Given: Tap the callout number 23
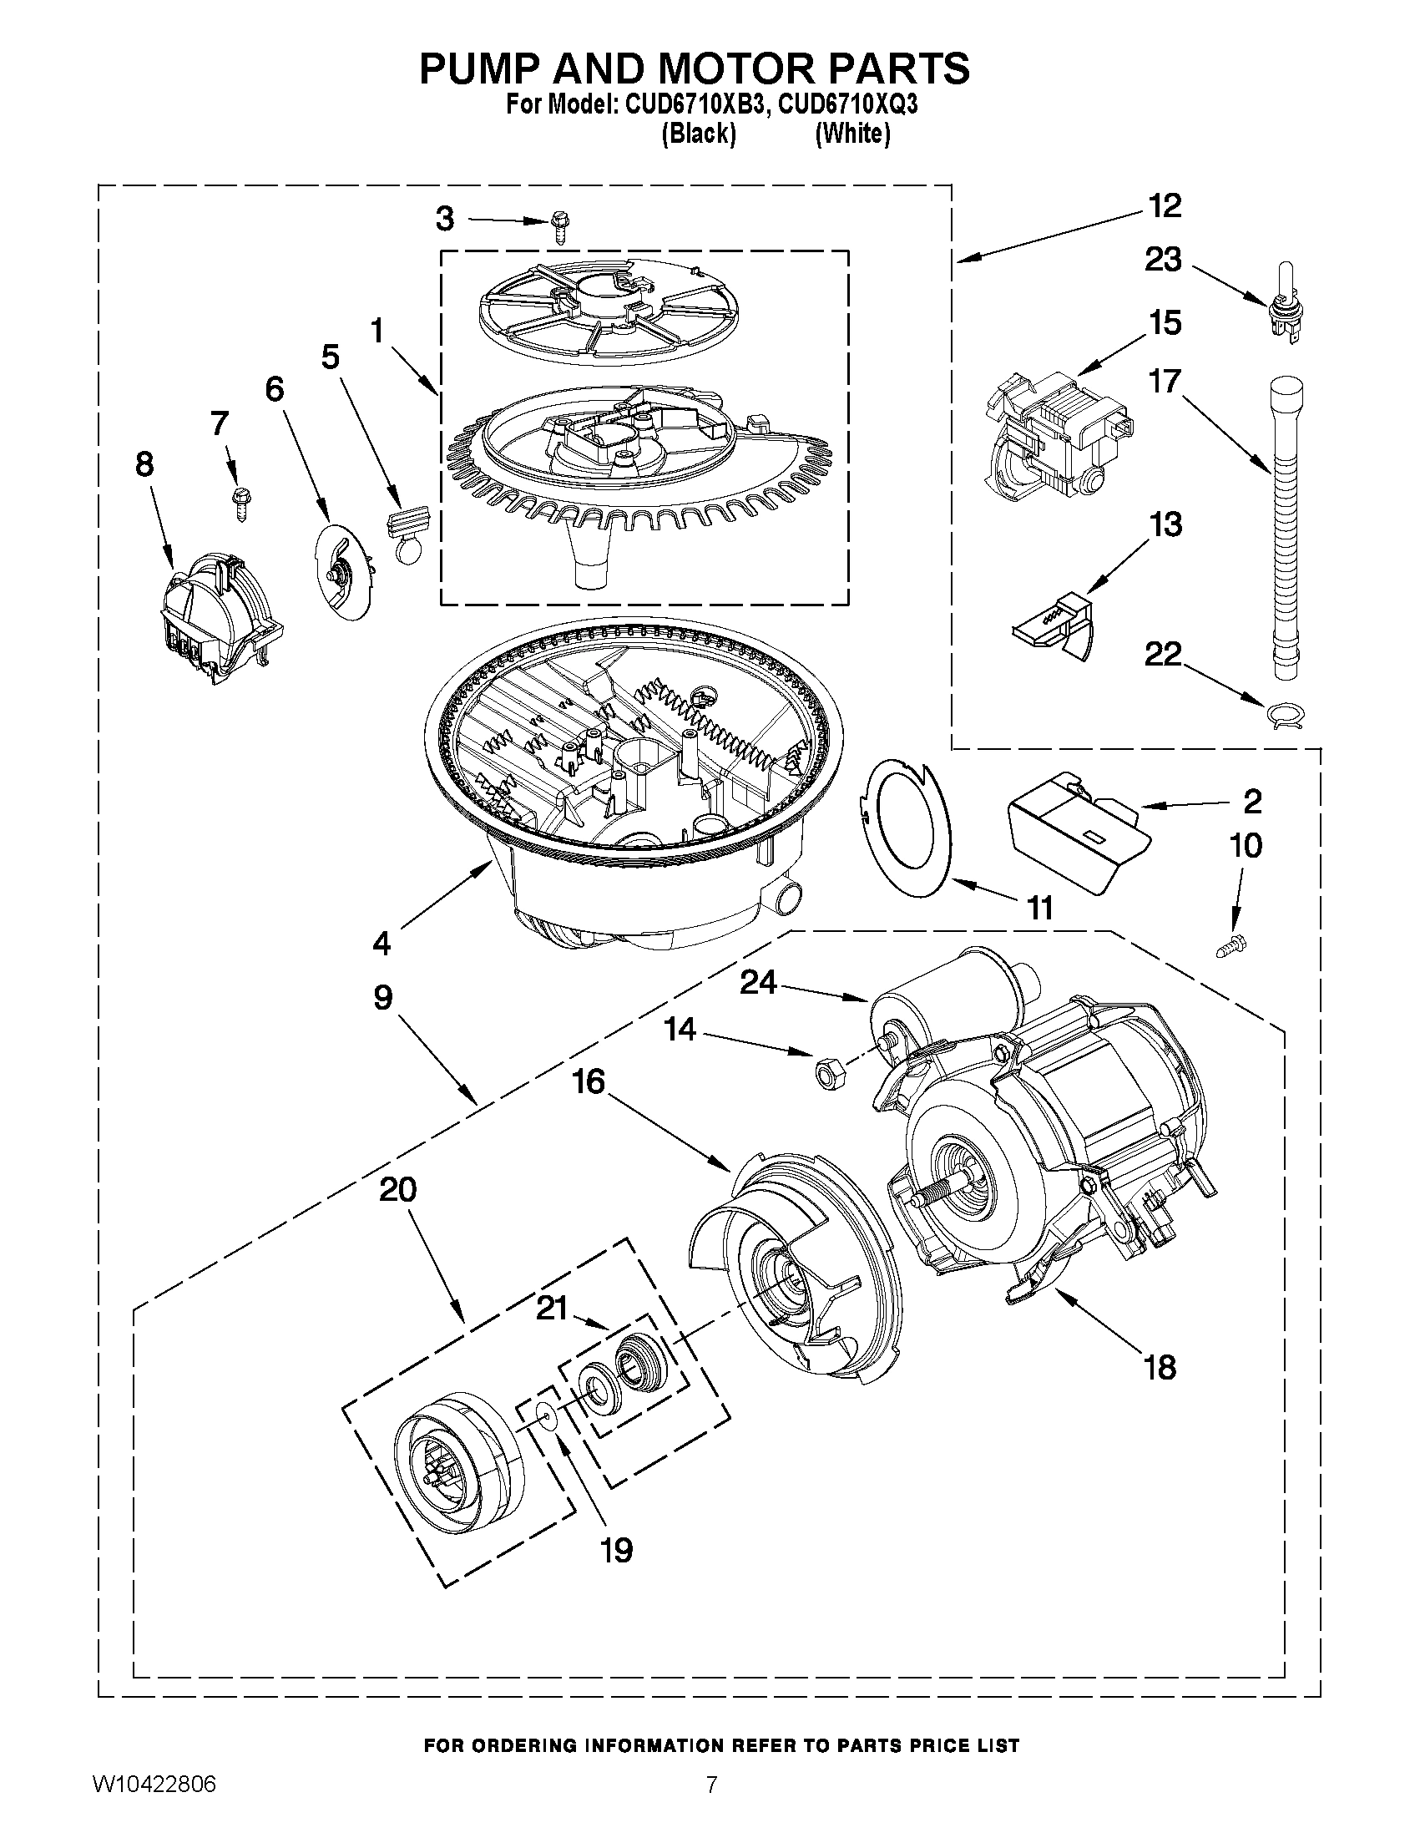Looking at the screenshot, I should [1163, 260].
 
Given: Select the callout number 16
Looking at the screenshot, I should [589, 1081].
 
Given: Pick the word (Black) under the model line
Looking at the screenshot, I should [699, 134].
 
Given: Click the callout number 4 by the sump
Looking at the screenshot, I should [381, 944].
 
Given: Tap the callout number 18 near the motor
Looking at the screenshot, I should [1160, 1368].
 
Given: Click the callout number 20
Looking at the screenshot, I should [398, 1190].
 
